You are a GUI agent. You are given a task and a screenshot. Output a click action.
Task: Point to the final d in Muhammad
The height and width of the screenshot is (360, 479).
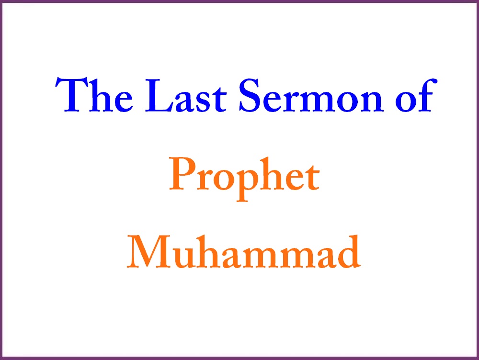(348, 251)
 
